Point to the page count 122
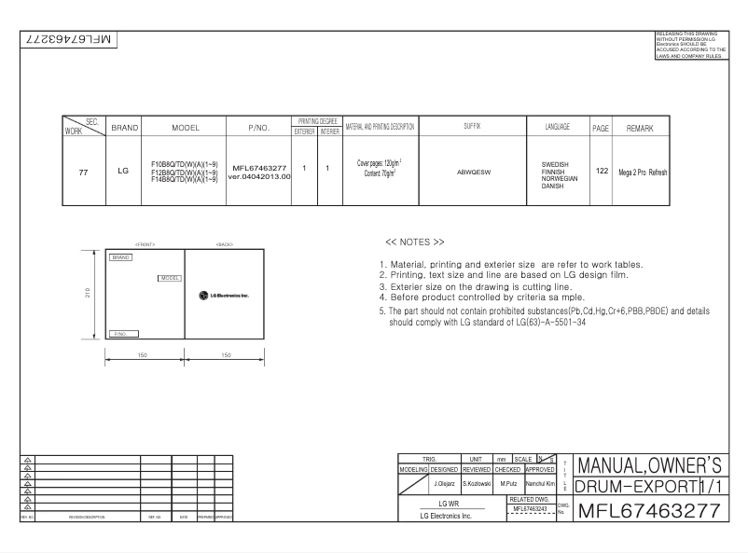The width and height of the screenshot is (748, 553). pos(601,172)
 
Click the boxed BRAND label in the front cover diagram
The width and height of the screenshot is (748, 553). pos(119,256)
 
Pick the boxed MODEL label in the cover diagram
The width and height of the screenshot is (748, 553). pos(169,277)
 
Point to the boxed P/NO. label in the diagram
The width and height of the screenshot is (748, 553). pos(125,332)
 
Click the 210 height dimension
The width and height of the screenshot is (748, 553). pos(87,294)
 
